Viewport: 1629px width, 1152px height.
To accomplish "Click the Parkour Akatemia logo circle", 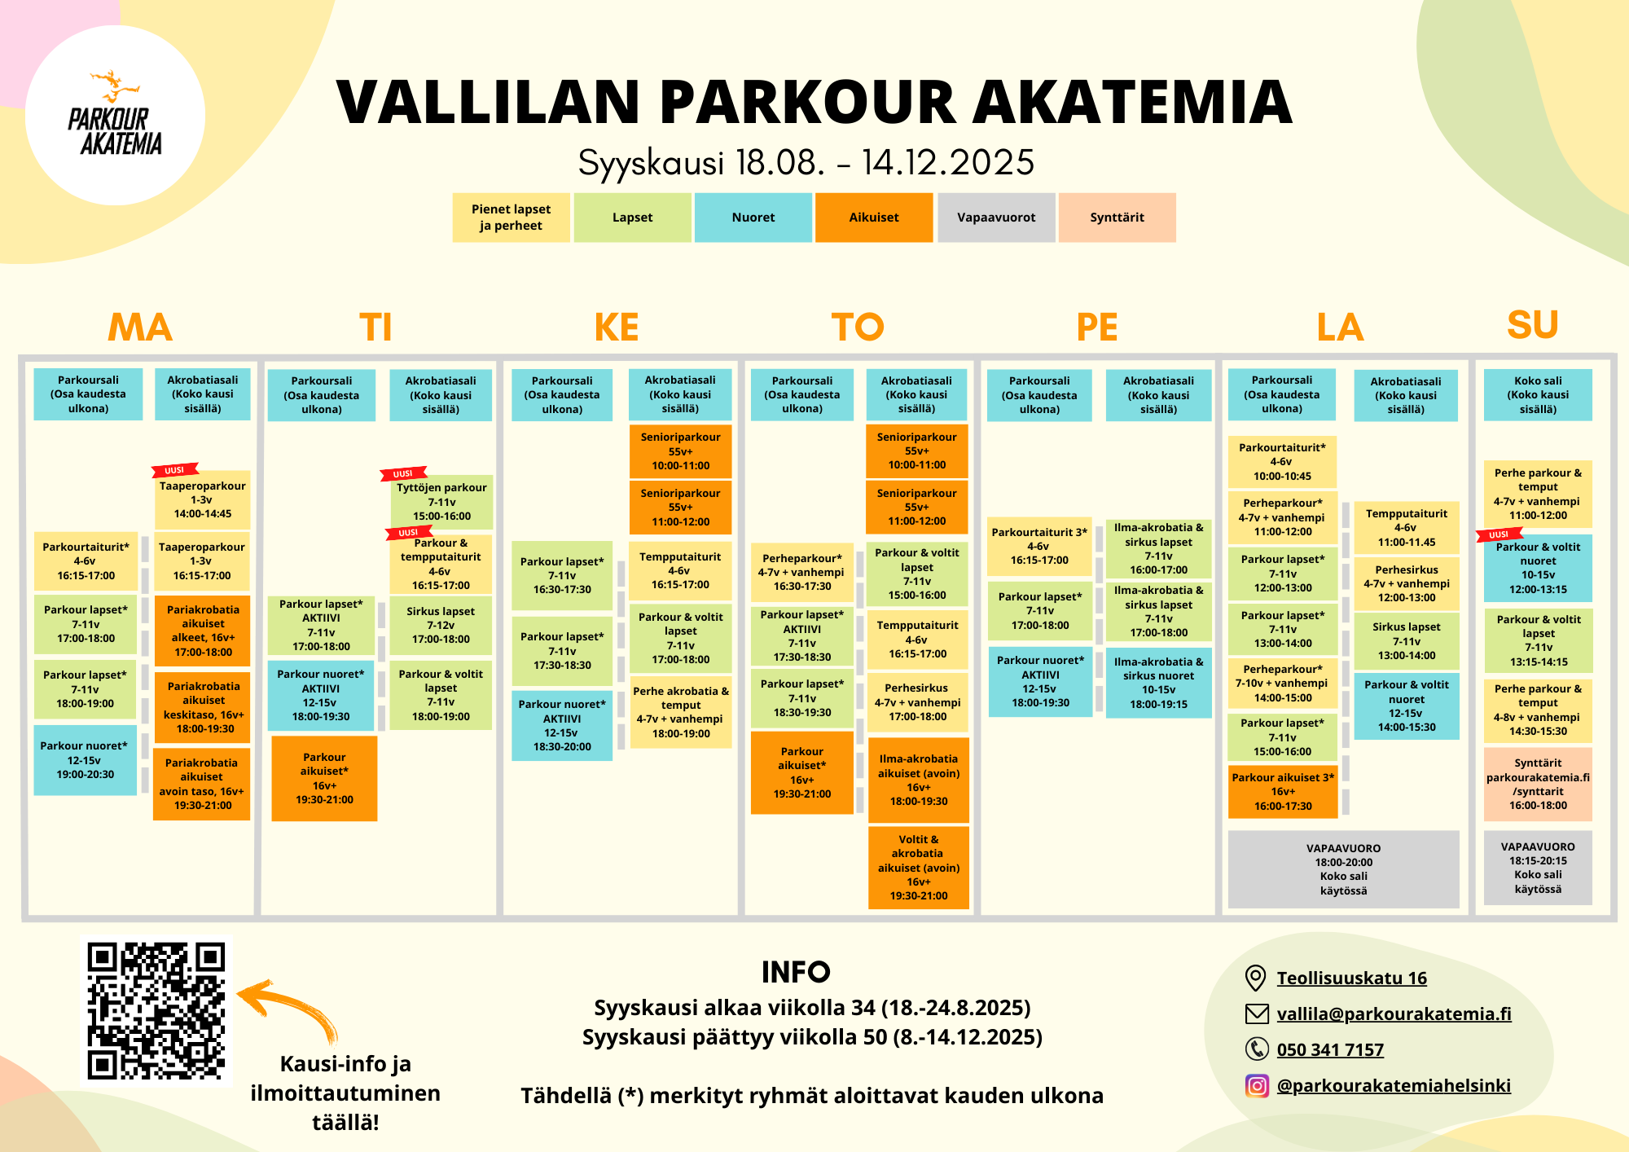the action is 115,115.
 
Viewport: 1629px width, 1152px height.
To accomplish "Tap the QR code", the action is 156,1010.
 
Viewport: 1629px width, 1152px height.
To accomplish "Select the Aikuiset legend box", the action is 874,218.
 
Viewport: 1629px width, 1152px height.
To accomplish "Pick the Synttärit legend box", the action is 1117,218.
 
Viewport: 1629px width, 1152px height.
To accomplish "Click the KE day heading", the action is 617,328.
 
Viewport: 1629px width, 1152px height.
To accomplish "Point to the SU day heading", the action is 1533,324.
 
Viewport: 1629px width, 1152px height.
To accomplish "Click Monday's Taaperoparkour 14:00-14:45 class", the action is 203,500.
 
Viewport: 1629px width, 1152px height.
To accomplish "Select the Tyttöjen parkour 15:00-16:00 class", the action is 441,502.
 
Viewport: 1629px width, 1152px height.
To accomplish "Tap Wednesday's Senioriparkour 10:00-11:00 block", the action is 680,451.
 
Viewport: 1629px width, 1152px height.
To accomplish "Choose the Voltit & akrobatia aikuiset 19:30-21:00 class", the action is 919,868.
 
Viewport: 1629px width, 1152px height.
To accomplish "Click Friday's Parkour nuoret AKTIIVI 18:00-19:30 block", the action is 1040,682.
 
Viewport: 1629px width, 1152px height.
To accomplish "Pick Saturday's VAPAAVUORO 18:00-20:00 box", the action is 1344,869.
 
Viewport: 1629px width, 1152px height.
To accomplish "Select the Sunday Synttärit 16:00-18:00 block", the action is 1538,785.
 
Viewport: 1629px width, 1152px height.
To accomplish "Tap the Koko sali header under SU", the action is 1538,395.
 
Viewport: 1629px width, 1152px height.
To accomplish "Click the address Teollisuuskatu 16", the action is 1352,978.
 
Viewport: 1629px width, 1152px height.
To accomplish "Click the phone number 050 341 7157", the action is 1330,1049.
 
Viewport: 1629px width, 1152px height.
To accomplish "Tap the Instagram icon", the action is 1257,1085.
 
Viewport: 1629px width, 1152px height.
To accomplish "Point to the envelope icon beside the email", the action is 1257,1013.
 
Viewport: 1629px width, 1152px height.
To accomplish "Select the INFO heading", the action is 796,972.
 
